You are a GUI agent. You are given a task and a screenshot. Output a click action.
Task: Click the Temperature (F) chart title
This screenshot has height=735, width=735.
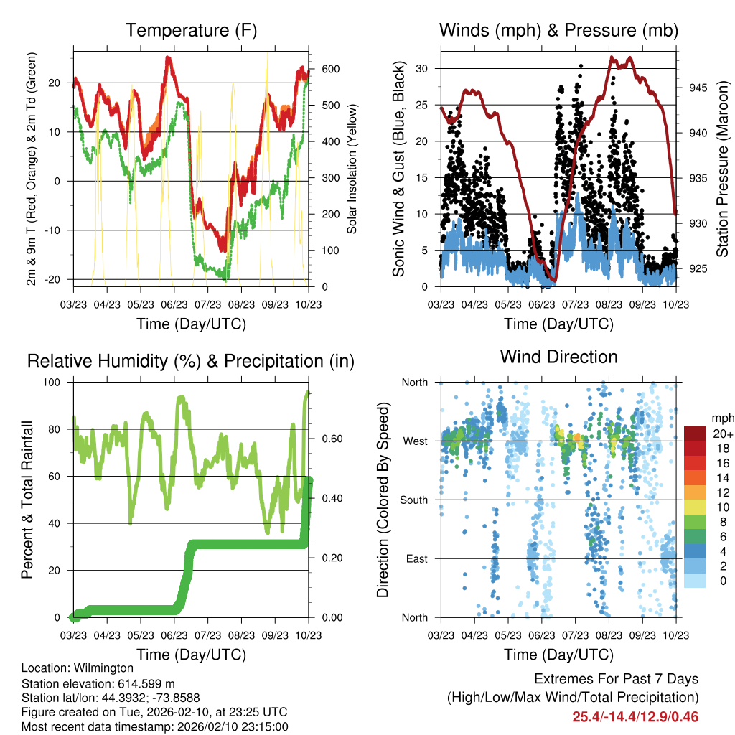coord(191,31)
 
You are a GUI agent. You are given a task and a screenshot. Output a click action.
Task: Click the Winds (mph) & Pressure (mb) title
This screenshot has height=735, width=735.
coord(558,31)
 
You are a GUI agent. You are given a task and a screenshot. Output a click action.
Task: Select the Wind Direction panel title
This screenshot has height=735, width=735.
coord(558,357)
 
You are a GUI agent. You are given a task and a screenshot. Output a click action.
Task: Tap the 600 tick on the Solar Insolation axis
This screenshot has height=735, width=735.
coord(320,69)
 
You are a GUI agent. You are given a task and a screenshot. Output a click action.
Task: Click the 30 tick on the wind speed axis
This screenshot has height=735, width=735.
coord(427,69)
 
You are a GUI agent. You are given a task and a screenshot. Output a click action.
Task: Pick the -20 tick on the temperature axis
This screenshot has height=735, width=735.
coord(60,279)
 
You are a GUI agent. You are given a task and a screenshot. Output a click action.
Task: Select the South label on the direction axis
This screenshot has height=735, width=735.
coord(415,500)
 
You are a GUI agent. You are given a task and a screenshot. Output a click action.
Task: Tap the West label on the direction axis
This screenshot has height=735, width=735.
coord(416,441)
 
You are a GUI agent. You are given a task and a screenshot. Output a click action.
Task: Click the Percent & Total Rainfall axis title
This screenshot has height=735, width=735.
coord(27,500)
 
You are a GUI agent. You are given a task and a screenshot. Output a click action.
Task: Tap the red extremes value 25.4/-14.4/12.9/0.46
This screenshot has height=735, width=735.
coord(635,716)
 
